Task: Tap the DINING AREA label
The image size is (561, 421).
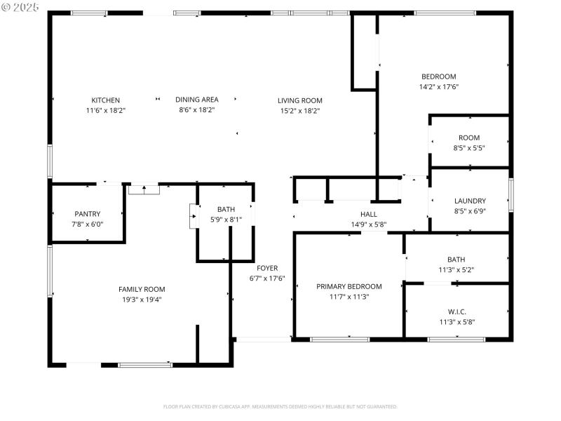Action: coord(197,100)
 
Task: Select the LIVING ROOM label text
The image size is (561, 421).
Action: coord(300,100)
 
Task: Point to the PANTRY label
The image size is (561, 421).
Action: coord(88,214)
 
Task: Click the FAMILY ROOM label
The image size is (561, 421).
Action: coord(142,289)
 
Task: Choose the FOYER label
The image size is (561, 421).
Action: coord(267,268)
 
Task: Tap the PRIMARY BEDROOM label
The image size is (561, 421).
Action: coord(349,286)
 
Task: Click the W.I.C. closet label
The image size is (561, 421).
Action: coord(457,312)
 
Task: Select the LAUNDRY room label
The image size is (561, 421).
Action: coord(470,201)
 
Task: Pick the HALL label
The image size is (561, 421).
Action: coord(369,215)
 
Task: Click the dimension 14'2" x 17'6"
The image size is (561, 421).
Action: coord(439,87)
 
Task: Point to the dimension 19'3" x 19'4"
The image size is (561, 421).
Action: coord(142,300)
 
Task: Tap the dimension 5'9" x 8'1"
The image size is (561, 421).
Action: coord(227,220)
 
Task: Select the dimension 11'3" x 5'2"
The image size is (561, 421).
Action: coord(457,270)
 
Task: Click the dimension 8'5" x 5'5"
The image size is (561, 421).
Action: coord(469,148)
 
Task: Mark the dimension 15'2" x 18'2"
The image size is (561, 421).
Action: coord(300,110)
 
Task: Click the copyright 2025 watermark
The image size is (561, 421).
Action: coord(20,6)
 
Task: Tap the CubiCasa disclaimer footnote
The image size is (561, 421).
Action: coord(280,406)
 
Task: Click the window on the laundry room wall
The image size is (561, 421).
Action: coord(511,195)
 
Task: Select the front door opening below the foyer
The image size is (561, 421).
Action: coord(263,340)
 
